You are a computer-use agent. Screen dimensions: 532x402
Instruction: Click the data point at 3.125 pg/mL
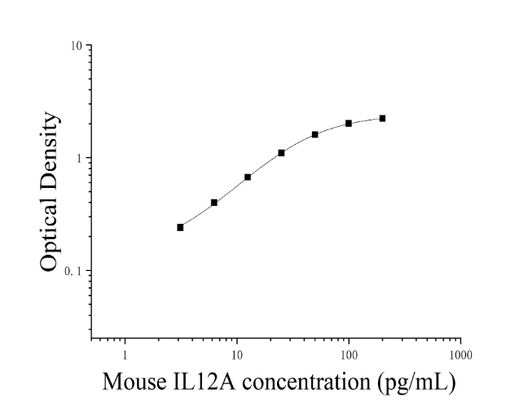pos(180,227)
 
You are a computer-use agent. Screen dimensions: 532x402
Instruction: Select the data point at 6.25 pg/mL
pos(214,203)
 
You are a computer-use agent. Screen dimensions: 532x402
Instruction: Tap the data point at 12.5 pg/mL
pos(248,177)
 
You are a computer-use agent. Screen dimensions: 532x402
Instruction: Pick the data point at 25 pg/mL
pos(281,153)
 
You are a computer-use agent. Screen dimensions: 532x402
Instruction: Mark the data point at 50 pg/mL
pos(315,134)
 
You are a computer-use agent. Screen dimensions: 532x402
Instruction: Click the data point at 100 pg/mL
pos(349,124)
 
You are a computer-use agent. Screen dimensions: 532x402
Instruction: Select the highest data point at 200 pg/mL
pos(382,118)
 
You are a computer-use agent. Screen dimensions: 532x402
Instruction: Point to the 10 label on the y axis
pos(77,46)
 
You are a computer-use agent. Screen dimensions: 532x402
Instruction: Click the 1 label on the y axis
pos(79,159)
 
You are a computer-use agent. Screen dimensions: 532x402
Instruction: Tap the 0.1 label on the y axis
pos(73,271)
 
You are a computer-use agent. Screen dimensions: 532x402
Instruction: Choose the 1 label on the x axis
pos(125,356)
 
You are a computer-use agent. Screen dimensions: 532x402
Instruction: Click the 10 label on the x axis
pos(237,356)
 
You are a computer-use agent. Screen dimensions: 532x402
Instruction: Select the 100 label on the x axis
pos(349,356)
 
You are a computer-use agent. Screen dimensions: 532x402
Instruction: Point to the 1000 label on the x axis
pos(461,356)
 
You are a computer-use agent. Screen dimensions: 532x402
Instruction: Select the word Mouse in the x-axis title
pos(134,382)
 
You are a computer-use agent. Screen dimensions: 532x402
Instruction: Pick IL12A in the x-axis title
pos(204,382)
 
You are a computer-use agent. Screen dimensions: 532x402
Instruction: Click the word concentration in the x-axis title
pos(306,382)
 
